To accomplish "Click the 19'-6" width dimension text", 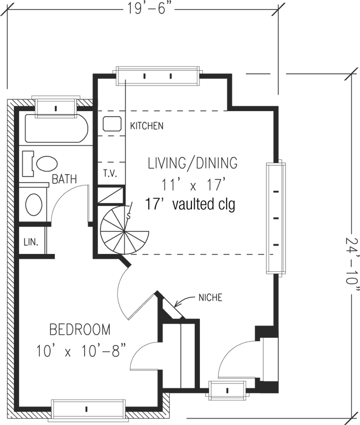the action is [x=150, y=10].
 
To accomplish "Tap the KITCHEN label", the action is [x=147, y=126].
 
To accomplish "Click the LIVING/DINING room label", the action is [x=192, y=163].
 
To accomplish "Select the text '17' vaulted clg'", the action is [x=190, y=204].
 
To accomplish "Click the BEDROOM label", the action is [x=80, y=329].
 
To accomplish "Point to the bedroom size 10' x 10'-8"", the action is [x=81, y=352].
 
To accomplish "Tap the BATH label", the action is [x=64, y=179].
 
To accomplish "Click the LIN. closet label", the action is [x=31, y=242].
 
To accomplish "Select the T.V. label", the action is [x=110, y=174].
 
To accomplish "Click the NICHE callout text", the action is [x=210, y=297].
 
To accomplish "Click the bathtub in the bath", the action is [x=57, y=129].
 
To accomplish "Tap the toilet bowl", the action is [x=47, y=164].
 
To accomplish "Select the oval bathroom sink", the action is [x=34, y=205].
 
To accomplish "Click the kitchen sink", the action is [x=112, y=124].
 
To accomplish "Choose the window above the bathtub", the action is [x=56, y=107].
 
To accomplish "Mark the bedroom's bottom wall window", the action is [x=88, y=409].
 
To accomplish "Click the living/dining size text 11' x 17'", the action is [x=194, y=184].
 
